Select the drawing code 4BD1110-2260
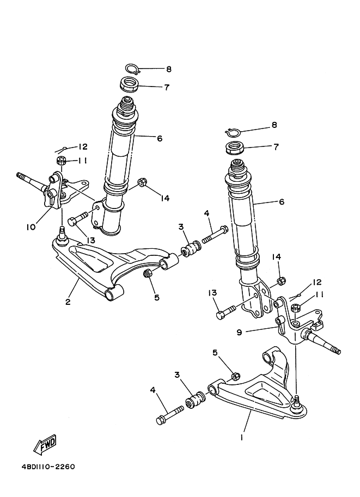48,467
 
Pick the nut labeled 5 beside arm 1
235,376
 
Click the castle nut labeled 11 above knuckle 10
62,161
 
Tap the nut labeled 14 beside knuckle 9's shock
280,281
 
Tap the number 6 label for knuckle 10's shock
160,139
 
